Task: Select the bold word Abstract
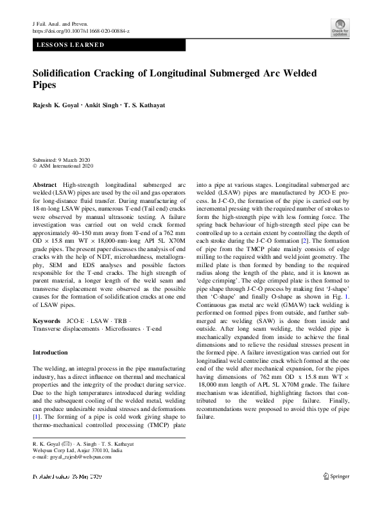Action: [x=44, y=184]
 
